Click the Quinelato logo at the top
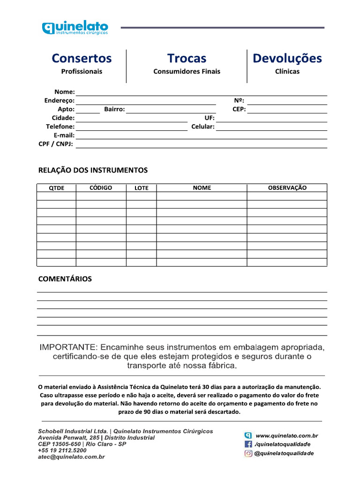[x=75, y=28]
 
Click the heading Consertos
[x=82, y=59]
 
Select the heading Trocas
[x=187, y=59]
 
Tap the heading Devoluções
[x=287, y=59]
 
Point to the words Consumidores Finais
[x=187, y=72]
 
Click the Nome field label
[x=65, y=92]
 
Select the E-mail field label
[x=64, y=135]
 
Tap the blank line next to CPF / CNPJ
[x=202, y=145]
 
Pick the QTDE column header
[x=57, y=188]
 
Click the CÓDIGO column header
[x=101, y=187]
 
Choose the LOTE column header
[x=141, y=188]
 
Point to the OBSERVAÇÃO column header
[x=287, y=187]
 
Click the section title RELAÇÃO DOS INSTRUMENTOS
[x=93, y=170]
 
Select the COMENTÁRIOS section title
[x=65, y=279]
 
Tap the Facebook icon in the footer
[x=248, y=444]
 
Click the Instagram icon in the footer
[x=248, y=453]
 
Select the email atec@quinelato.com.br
[x=71, y=457]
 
